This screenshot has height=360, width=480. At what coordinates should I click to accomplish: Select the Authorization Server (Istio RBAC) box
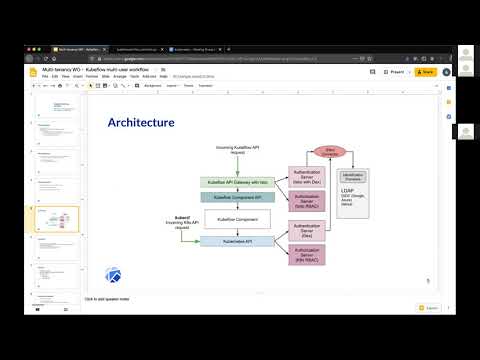(x=308, y=202)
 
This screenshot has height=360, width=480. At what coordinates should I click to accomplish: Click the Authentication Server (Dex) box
(x=308, y=231)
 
